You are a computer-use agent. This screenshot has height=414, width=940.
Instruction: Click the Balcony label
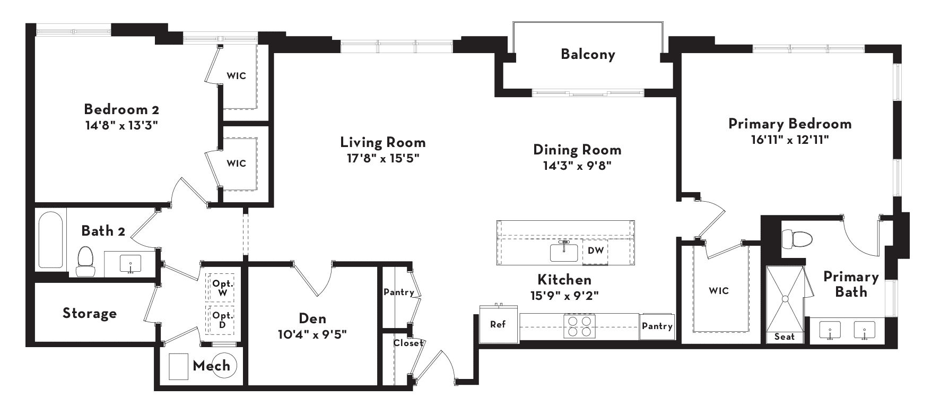(588, 54)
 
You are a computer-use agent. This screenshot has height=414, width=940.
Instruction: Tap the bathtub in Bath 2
(50, 240)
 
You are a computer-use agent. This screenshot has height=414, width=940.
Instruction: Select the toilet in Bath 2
(84, 262)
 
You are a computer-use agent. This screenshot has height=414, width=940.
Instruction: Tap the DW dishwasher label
(596, 251)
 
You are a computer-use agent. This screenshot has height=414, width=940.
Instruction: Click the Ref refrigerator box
(498, 324)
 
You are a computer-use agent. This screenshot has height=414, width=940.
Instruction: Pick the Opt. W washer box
(222, 288)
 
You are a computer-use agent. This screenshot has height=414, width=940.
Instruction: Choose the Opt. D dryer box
(222, 320)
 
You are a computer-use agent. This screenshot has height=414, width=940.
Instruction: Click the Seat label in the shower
(785, 337)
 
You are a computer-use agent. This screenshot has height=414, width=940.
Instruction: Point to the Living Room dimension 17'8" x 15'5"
(383, 158)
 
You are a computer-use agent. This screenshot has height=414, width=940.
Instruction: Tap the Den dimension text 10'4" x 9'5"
(312, 335)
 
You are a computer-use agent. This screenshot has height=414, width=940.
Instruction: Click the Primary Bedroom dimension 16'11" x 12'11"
(789, 140)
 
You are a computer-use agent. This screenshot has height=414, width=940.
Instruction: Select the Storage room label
(90, 313)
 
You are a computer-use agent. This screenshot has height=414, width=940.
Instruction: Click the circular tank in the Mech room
(224, 365)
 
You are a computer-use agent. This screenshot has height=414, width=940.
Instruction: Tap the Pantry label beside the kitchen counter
(657, 326)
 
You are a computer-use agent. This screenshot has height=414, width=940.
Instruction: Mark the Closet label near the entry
(408, 343)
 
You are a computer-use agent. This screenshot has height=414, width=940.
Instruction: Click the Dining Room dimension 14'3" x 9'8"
(578, 165)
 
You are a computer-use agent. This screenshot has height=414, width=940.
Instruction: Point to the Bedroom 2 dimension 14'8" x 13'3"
(122, 125)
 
